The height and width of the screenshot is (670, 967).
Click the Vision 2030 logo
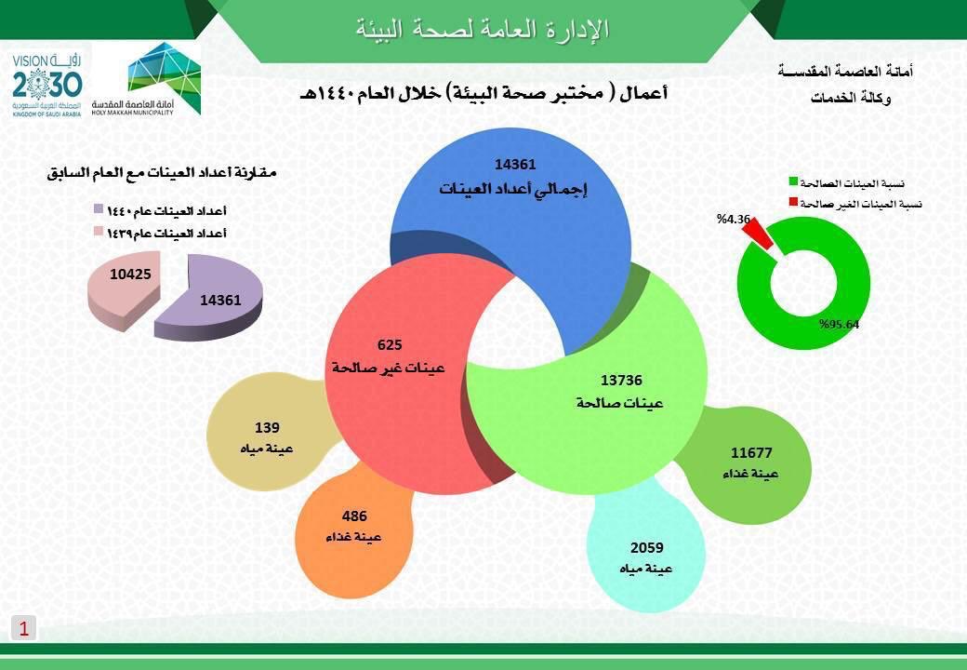coord(46,85)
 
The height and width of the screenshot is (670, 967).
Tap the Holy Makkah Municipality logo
coord(147,78)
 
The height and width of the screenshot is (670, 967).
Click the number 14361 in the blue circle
coord(515,164)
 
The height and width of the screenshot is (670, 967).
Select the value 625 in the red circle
coord(390,345)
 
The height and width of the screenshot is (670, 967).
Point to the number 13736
coord(621,380)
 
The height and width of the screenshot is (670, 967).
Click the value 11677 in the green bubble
coord(751,453)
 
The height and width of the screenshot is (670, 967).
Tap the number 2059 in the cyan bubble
coord(647,547)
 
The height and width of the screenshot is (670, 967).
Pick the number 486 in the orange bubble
coord(354,516)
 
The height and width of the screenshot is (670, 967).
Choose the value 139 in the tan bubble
coord(267,427)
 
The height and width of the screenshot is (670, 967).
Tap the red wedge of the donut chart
coord(758,234)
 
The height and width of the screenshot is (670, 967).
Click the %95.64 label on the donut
coord(839,325)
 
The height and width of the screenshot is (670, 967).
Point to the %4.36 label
coord(734,219)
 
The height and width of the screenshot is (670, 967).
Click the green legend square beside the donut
coord(794,181)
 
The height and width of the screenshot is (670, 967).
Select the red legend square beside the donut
coord(794,202)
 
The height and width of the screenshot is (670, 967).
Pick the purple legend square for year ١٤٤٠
coord(98,209)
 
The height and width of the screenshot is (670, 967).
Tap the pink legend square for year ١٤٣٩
coord(98,232)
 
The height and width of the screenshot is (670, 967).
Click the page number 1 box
coord(24,629)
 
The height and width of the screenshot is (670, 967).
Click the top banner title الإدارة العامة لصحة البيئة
coord(483,29)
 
